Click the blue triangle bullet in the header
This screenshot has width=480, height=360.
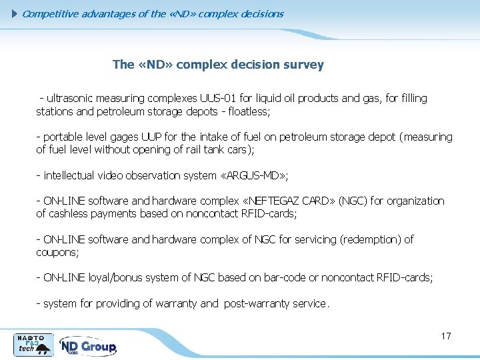click(16, 13)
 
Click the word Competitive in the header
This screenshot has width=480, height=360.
click(49, 13)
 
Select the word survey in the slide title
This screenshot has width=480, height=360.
click(303, 65)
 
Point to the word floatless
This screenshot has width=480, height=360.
click(245, 111)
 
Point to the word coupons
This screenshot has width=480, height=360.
click(56, 253)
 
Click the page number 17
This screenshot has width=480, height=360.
click(446, 336)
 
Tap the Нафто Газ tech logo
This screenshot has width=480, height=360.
click(33, 345)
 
